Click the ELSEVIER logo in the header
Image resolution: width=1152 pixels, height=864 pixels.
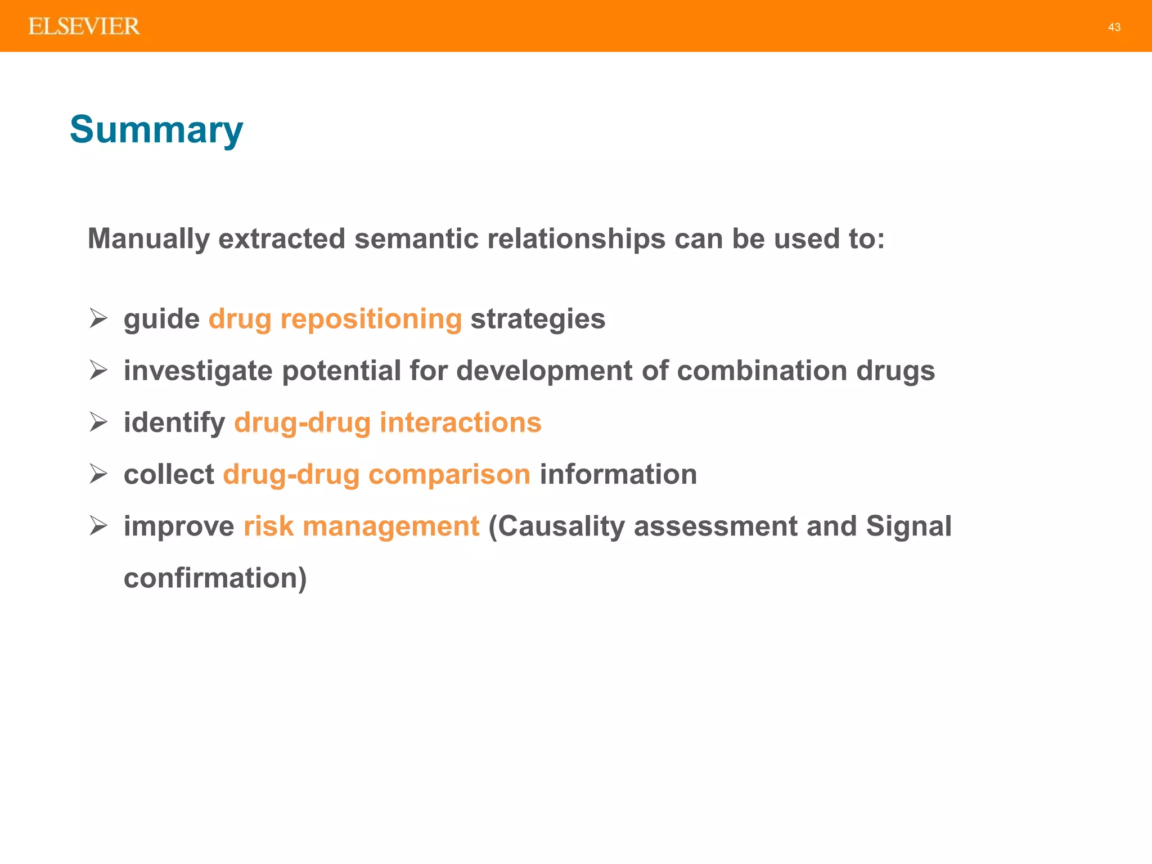click(84, 26)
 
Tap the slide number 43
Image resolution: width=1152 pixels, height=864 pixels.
click(1114, 27)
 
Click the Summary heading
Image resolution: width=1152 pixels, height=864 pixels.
click(156, 130)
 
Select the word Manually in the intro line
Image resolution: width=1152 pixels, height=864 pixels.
click(148, 239)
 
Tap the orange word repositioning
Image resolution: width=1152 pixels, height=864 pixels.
click(371, 319)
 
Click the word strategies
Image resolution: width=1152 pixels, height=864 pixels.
click(538, 319)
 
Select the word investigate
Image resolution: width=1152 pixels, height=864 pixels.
click(198, 371)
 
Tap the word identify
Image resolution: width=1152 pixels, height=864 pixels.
click(174, 423)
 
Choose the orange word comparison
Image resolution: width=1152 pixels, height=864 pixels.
click(449, 475)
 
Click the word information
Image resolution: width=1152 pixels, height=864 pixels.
click(618, 475)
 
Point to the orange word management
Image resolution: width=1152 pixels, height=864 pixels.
click(390, 526)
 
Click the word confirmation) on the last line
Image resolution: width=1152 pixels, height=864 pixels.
click(215, 578)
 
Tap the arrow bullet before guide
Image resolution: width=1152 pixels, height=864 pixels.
click(98, 318)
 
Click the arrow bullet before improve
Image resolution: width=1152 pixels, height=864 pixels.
click(98, 525)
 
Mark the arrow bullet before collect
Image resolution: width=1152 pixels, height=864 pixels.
click(98, 474)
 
